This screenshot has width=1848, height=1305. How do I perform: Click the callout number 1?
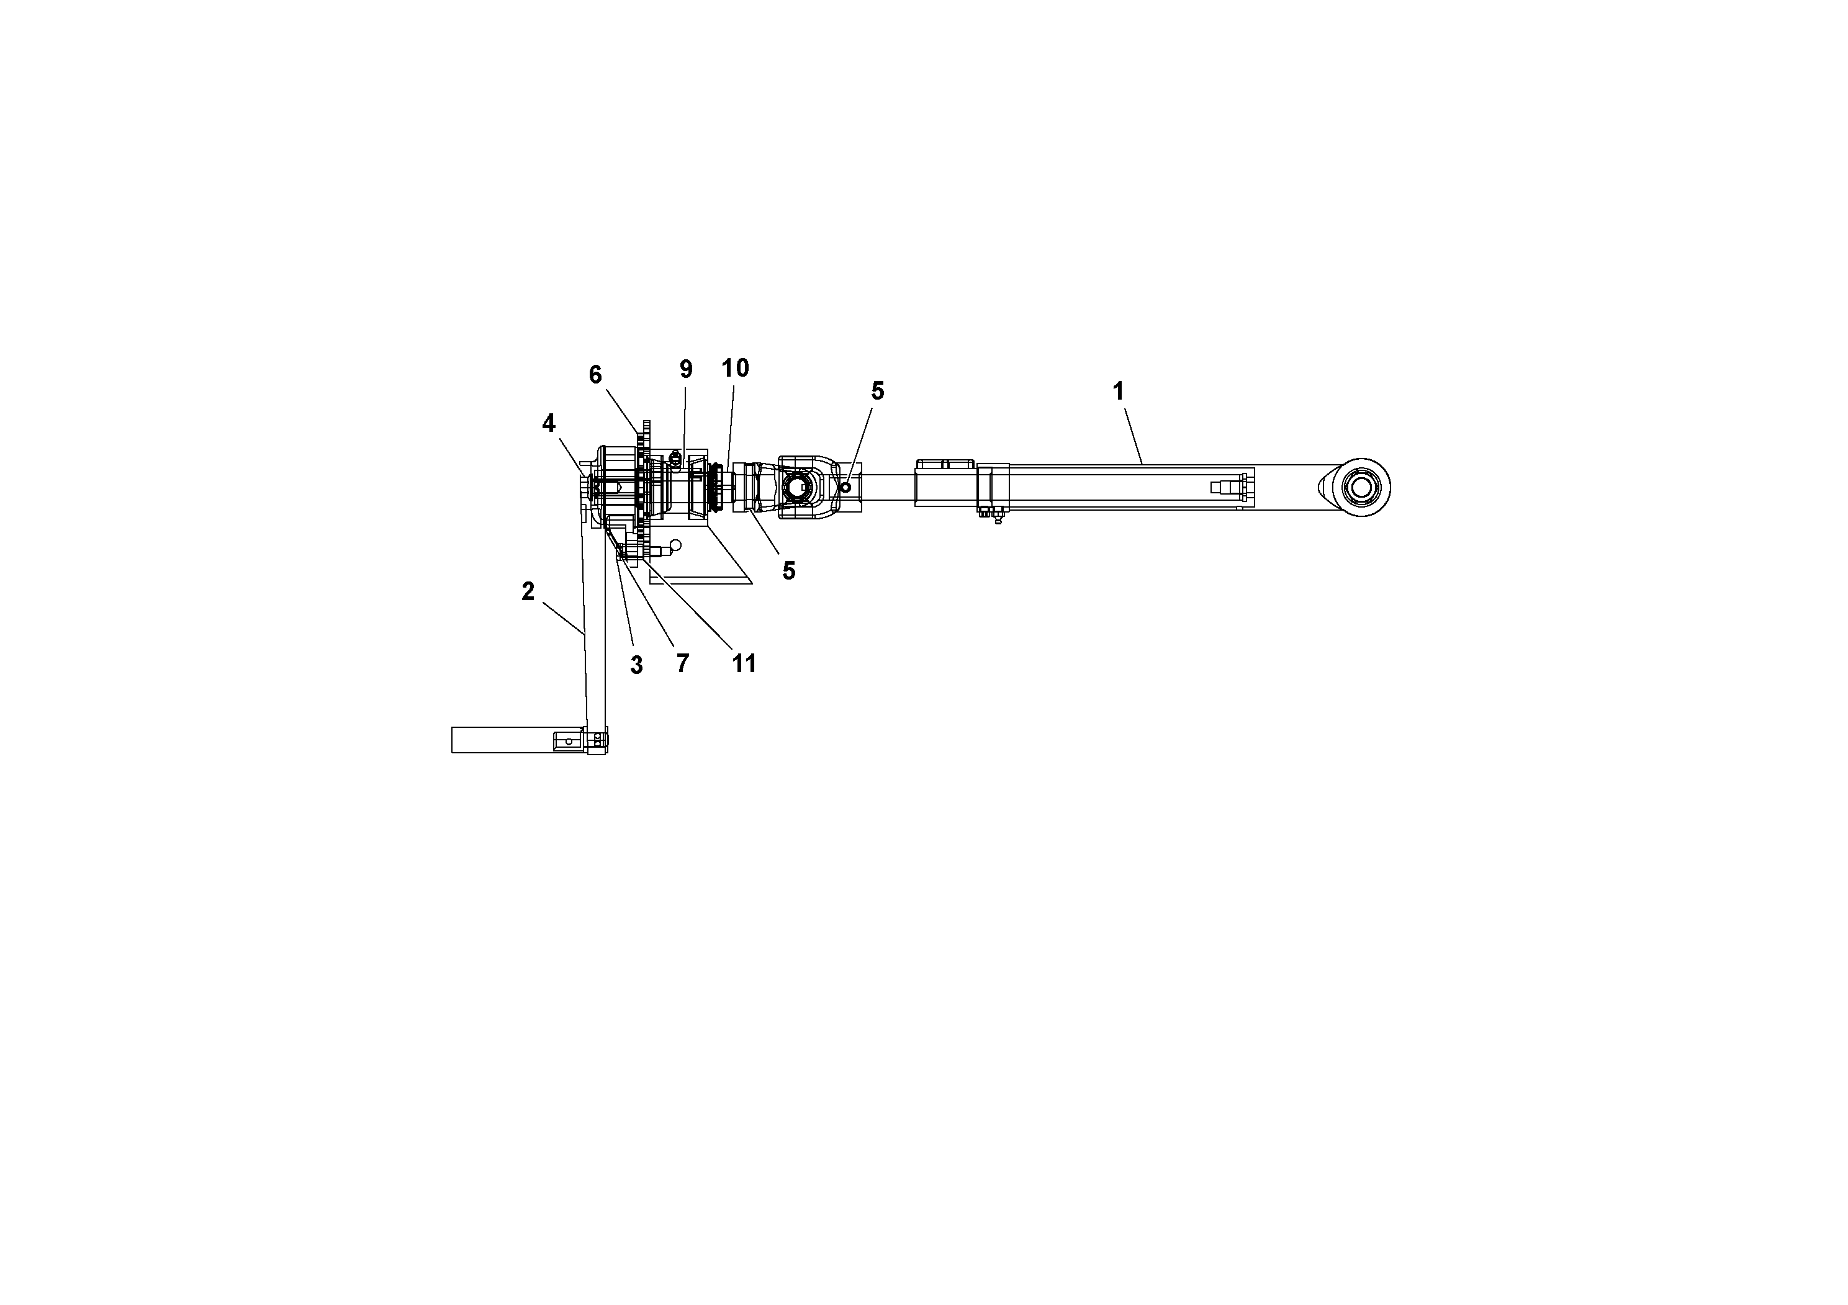1117,392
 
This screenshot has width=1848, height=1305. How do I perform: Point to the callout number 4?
548,423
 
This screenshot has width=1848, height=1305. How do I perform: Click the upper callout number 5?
877,391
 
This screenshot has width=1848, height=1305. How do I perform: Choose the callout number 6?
595,375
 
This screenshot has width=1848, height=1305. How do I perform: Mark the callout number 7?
683,664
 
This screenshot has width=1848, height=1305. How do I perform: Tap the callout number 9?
686,369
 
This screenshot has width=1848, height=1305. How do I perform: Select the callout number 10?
735,369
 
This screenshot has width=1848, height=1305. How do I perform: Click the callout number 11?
744,664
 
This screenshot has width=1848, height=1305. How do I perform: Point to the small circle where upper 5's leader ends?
845,488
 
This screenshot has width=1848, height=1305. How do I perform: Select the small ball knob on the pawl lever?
675,545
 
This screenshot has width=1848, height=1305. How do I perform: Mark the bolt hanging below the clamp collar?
997,518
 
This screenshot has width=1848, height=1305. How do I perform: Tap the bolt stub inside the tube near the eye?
1227,487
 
